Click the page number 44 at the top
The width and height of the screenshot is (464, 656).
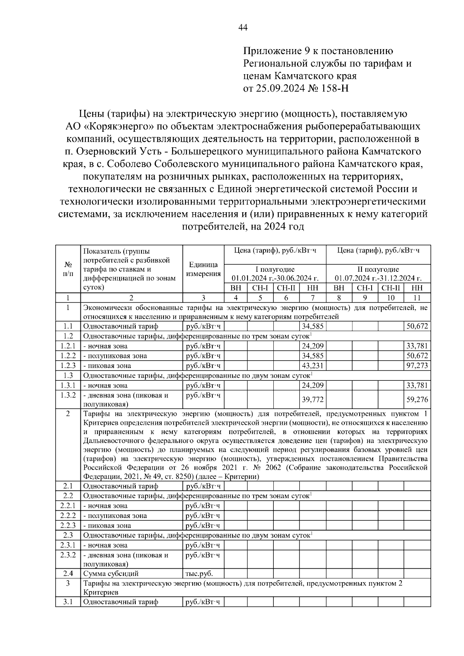pos(243,27)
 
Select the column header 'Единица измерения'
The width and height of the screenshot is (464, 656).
pos(203,269)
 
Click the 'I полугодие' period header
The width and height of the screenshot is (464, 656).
pos(275,269)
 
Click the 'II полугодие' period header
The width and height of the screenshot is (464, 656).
pos(378,269)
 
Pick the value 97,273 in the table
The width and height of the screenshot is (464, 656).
pos(417,366)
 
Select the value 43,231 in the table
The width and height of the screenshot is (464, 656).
pos(312,366)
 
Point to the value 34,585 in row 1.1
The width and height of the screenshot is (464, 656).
pos(312,326)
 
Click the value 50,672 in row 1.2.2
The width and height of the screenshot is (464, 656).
pos(417,356)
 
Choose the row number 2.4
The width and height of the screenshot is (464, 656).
pos(68,574)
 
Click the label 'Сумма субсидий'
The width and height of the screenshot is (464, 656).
pos(111,574)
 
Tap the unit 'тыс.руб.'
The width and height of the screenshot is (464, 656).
pos(200,574)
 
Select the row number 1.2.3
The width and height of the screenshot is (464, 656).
pos(68,366)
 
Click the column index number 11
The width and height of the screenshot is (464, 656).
pos(417,298)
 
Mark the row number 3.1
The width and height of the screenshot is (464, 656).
pos(68,602)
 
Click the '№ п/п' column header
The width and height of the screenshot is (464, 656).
pos(68,269)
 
